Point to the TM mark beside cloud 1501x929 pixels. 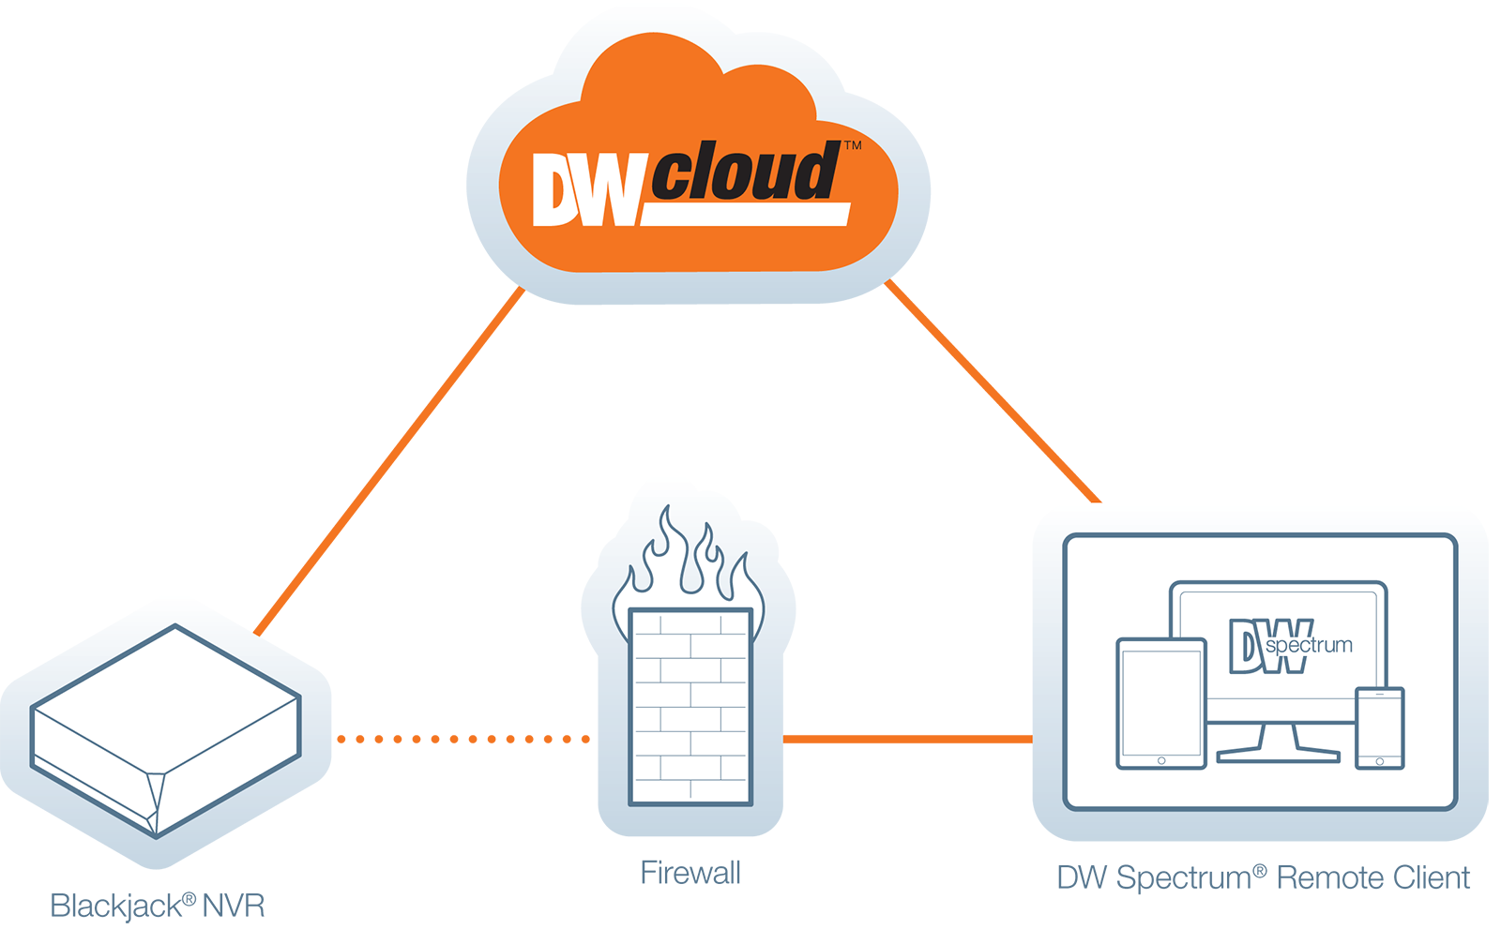pos(853,146)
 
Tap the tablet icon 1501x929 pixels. pos(1160,703)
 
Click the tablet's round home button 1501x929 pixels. pos(1161,760)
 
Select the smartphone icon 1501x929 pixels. pos(1379,727)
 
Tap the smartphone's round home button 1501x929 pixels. pos(1379,761)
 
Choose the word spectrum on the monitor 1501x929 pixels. pos(1309,645)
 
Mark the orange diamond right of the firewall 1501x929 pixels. pos(908,740)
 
